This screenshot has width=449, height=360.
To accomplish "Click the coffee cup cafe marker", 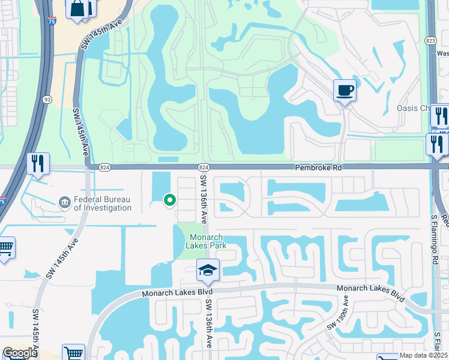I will click(x=345, y=91).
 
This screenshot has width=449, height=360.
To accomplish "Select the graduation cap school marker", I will click(x=208, y=270).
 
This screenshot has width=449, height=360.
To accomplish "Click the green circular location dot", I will click(x=170, y=200).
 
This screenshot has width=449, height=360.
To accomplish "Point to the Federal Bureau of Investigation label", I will click(x=102, y=204).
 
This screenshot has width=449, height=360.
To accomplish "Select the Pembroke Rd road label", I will click(x=318, y=169).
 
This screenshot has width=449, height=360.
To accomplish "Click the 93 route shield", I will click(x=47, y=99).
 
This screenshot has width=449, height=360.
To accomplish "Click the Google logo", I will click(x=20, y=353).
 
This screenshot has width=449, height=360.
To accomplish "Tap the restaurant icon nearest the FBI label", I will click(x=38, y=163).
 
